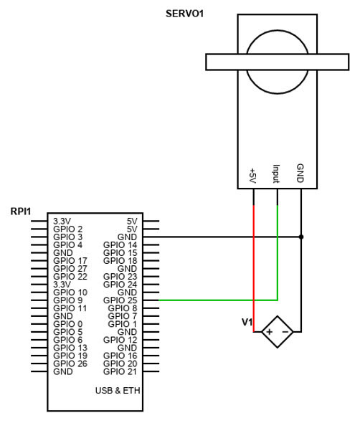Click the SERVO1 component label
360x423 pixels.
point(185,13)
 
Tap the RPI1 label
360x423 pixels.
point(20,211)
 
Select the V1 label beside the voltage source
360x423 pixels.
point(247,322)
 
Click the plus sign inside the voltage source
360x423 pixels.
point(269,332)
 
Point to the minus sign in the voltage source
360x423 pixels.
point(284,332)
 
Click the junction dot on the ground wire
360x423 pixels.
point(301,236)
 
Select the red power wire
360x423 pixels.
point(254,258)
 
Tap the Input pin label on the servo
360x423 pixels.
point(276,174)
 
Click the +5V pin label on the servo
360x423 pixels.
point(252,175)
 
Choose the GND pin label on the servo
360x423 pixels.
point(300,173)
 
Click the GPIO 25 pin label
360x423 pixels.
point(120,300)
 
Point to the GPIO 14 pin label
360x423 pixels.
point(120,244)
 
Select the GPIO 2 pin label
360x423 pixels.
point(67,229)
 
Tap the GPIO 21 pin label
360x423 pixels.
point(120,372)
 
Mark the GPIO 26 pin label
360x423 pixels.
point(70,363)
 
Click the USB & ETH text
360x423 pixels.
point(117,391)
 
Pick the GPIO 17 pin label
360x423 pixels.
point(70,260)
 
